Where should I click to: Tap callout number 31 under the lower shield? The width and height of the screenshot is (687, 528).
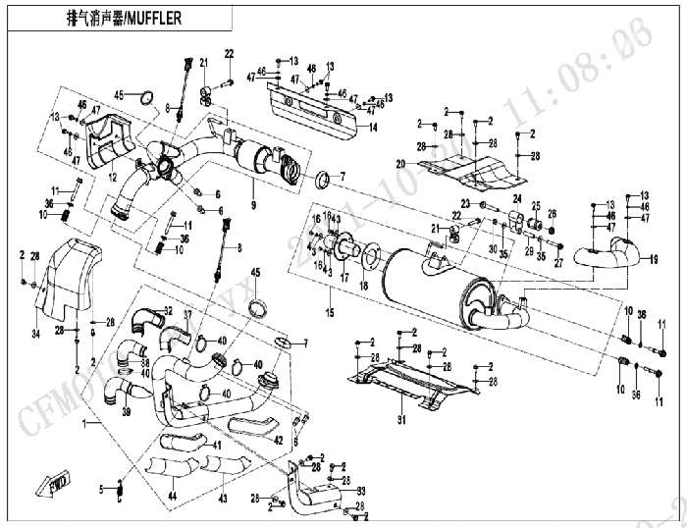click(x=400, y=421)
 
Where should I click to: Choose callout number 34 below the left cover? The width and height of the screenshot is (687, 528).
click(x=34, y=336)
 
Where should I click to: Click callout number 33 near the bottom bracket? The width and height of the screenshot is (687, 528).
click(x=361, y=490)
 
